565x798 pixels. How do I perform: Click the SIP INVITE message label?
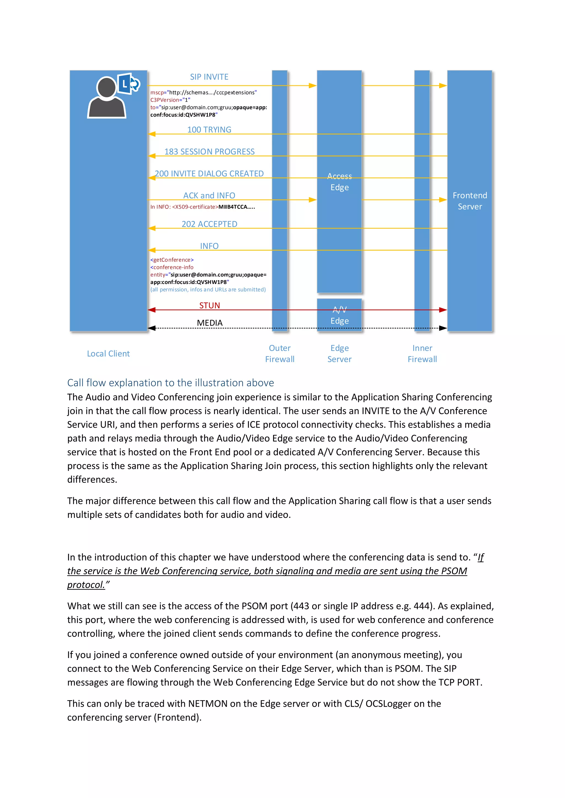[209, 77]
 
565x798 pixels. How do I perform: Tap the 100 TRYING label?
[209, 130]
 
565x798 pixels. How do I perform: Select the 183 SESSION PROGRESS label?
[209, 152]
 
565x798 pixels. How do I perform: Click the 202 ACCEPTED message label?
[209, 224]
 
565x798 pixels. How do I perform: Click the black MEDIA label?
[209, 323]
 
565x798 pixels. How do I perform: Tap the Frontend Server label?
[470, 201]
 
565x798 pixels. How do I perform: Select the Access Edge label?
[339, 182]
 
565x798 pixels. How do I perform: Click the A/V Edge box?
[339, 315]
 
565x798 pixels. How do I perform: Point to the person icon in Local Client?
[106, 99]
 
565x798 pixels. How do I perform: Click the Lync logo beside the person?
[128, 84]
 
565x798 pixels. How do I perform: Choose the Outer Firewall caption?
[280, 354]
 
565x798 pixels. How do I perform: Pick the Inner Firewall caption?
[422, 354]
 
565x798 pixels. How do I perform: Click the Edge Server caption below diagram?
[339, 354]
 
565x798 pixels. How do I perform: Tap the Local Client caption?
[108, 354]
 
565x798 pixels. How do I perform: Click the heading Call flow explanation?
[170, 383]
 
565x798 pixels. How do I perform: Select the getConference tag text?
[172, 260]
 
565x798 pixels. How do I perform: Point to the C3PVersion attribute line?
[170, 100]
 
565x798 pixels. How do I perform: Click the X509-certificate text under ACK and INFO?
[195, 207]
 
